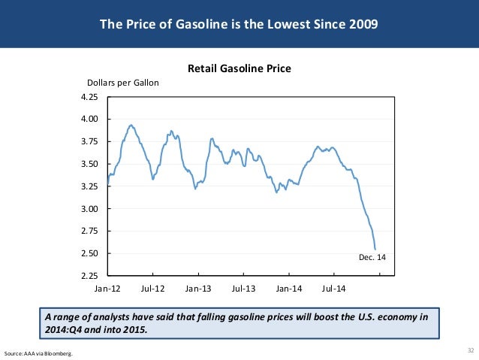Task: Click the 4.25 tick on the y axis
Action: point(90,97)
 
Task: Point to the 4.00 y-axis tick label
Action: point(90,119)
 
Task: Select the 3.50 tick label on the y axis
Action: point(90,164)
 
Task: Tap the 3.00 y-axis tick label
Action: point(90,209)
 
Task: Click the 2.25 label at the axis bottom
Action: point(90,276)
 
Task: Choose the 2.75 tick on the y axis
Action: point(90,231)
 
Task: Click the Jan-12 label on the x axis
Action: point(108,288)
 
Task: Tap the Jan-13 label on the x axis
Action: point(198,288)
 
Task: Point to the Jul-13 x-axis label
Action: point(243,288)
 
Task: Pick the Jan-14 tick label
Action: point(289,288)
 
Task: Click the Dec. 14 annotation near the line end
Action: point(373,257)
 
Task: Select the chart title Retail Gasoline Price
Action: point(239,69)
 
